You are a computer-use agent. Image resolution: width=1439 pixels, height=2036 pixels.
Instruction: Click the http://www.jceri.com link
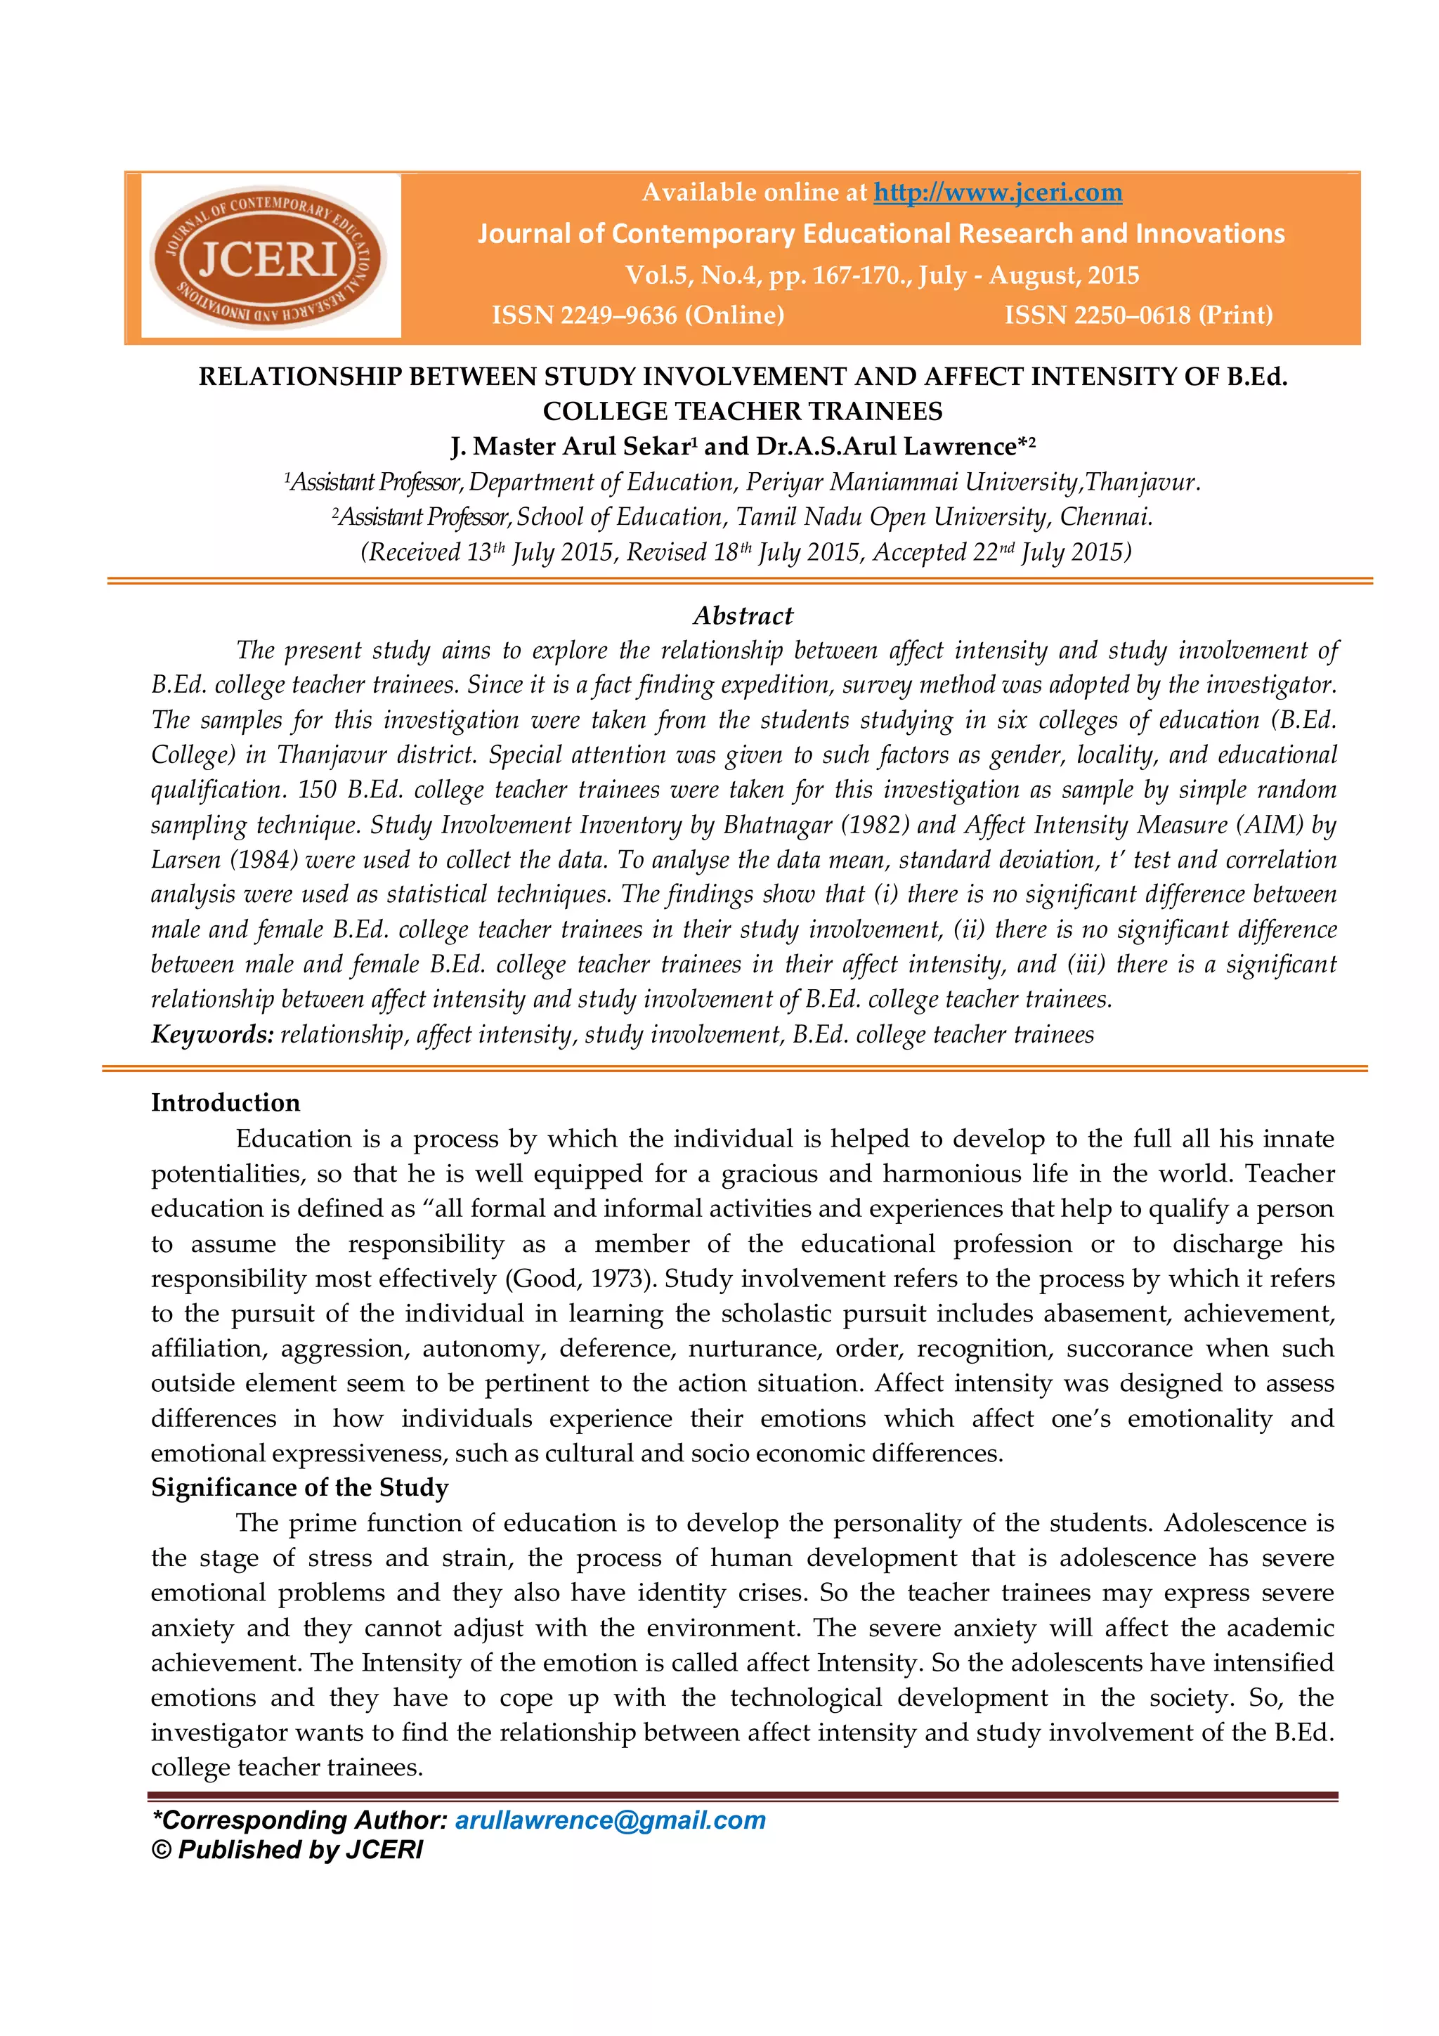click(998, 192)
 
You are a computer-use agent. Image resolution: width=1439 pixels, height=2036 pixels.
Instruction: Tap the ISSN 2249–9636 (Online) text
click(637, 315)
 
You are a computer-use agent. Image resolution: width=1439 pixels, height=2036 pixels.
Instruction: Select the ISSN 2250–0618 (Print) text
click(1138, 315)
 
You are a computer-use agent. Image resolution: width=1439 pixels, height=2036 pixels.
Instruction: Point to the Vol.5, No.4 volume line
click(881, 275)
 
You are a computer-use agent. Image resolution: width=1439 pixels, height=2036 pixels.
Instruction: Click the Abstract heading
click(742, 615)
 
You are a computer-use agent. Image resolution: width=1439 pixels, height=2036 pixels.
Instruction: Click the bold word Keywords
click(212, 1034)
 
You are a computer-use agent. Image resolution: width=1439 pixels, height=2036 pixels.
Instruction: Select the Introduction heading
click(226, 1102)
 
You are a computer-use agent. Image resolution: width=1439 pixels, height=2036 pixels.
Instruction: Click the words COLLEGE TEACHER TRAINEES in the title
click(742, 412)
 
